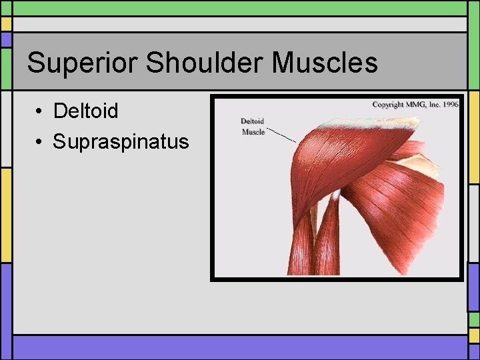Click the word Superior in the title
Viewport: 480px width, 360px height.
point(82,63)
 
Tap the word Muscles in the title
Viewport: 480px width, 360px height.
point(325,63)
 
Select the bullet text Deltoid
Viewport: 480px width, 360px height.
point(85,111)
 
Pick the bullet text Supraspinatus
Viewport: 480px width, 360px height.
point(121,141)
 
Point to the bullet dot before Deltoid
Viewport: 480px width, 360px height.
point(41,111)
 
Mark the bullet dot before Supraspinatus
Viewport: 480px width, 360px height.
point(41,142)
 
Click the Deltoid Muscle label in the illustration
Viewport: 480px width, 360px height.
point(253,127)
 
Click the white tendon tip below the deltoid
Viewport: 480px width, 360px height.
point(336,195)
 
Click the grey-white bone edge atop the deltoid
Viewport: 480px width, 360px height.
point(367,123)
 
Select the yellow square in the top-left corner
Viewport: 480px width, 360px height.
point(6,24)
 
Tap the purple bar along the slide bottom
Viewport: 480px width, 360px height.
point(240,347)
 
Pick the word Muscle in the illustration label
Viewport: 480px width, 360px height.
point(253,132)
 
